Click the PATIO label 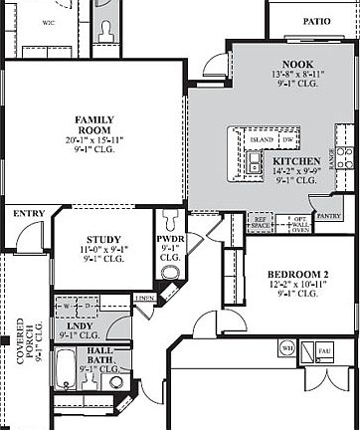coord(316,20)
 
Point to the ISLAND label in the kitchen coord(262,140)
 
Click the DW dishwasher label coord(286,140)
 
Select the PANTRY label coord(325,214)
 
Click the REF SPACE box coord(260,224)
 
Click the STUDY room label coord(102,240)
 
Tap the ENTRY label coord(28,214)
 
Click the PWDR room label coord(171,239)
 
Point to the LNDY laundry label coord(81,325)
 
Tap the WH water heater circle coord(287,348)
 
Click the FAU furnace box coord(323,349)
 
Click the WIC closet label coord(48,22)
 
